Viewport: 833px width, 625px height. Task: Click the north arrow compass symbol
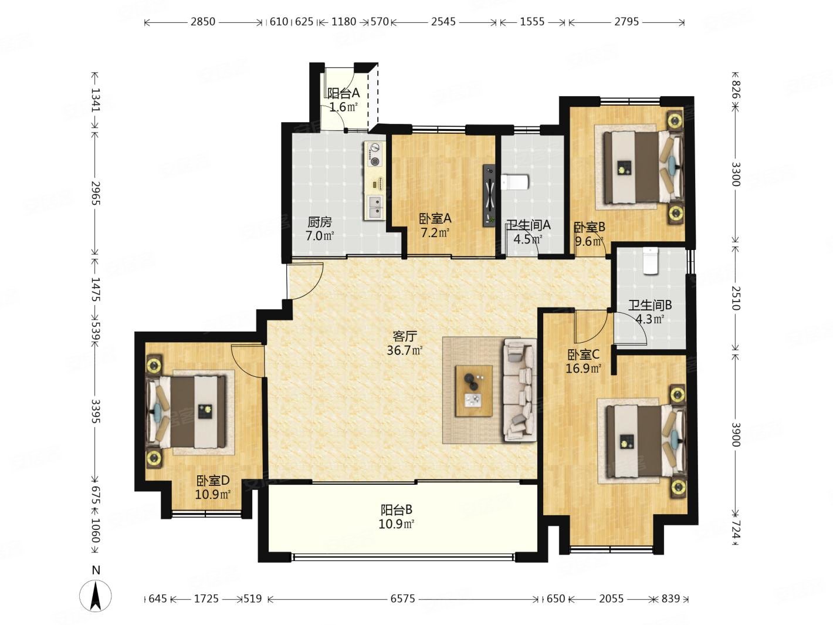(95, 595)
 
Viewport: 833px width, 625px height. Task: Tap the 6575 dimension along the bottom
(402, 599)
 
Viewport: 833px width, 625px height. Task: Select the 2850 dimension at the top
(202, 22)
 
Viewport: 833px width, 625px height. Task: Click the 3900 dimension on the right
(736, 434)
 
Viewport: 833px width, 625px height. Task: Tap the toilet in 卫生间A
(514, 183)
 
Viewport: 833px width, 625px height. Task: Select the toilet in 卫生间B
(650, 261)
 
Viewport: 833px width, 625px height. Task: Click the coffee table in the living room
(474, 391)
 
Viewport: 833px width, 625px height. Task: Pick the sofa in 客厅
(520, 390)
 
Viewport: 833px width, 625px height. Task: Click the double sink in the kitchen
(109, 207)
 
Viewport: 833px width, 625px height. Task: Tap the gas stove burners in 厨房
(109, 154)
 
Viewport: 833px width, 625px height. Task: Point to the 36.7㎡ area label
(405, 350)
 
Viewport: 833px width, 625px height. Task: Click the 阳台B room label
(396, 509)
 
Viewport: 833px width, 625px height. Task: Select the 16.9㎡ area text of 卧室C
(583, 368)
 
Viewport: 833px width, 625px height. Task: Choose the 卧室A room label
(435, 218)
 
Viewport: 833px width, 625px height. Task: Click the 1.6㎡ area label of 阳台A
(343, 107)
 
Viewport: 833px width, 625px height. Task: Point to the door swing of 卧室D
(247, 360)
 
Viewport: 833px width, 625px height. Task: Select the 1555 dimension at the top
(532, 22)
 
